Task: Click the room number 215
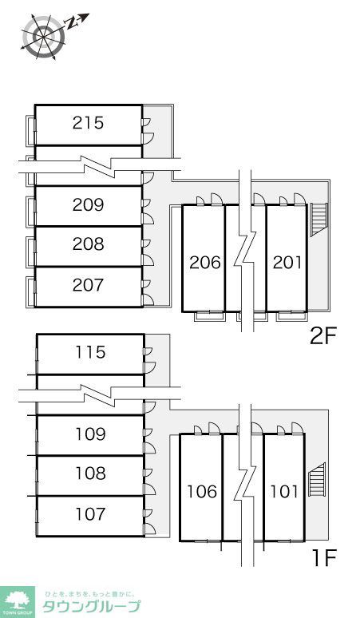pyautogui.click(x=89, y=123)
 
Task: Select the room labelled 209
pyautogui.click(x=89, y=204)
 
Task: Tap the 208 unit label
pyautogui.click(x=89, y=244)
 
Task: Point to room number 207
pyautogui.click(x=89, y=285)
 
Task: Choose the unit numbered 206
pyautogui.click(x=205, y=263)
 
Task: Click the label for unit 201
pyautogui.click(x=287, y=263)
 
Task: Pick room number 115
pyautogui.click(x=90, y=352)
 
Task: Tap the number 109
pyautogui.click(x=90, y=434)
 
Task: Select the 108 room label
pyautogui.click(x=90, y=473)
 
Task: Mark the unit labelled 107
pyautogui.click(x=90, y=514)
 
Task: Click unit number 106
pyautogui.click(x=202, y=492)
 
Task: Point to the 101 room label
pyautogui.click(x=284, y=492)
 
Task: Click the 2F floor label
pyautogui.click(x=323, y=336)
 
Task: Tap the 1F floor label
pyautogui.click(x=324, y=557)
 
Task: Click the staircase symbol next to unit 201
pyautogui.click(x=318, y=219)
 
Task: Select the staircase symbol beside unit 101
pyautogui.click(x=316, y=479)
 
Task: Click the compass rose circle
pyautogui.click(x=43, y=37)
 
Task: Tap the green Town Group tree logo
pyautogui.click(x=18, y=602)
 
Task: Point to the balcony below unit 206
pyautogui.click(x=210, y=316)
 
